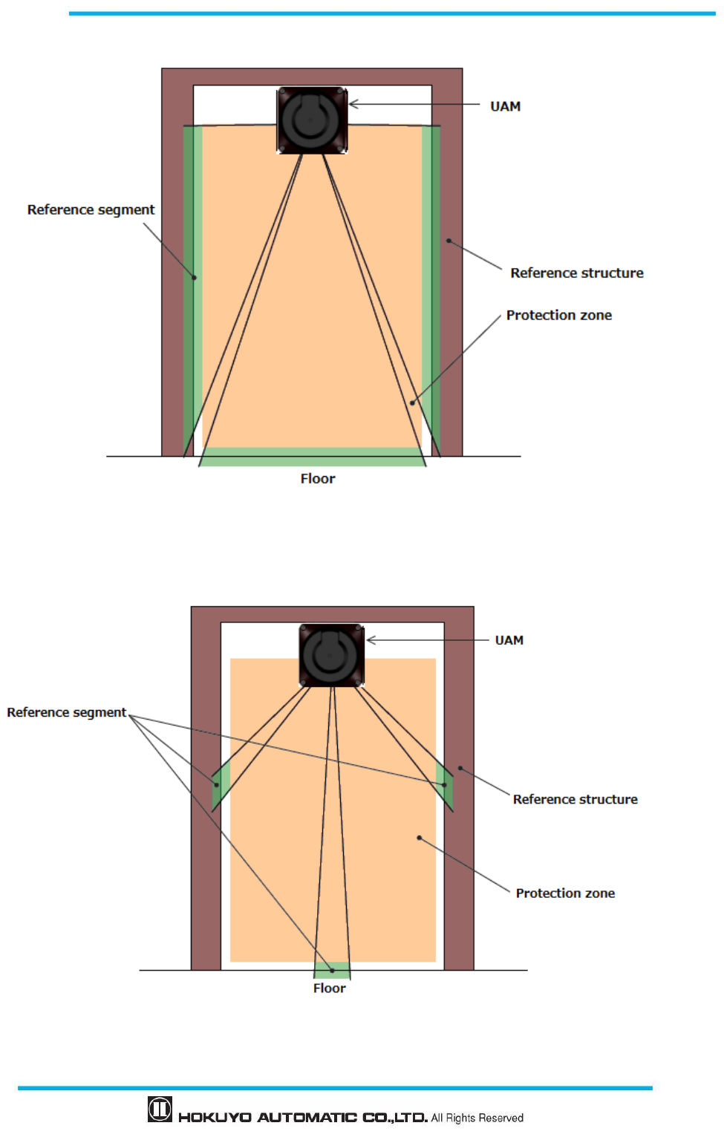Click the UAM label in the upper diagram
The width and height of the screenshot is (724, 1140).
click(505, 106)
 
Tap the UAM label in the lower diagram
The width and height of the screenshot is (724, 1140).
click(509, 640)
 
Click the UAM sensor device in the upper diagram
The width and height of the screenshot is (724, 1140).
click(312, 120)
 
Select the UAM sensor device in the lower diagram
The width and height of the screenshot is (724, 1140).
click(331, 655)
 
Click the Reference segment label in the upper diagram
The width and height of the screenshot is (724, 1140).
click(91, 209)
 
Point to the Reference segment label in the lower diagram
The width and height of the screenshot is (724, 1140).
click(66, 712)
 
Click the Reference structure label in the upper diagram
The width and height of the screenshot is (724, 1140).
click(576, 273)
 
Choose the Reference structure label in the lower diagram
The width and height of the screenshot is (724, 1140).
click(575, 799)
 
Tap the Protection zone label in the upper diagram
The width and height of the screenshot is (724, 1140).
click(558, 315)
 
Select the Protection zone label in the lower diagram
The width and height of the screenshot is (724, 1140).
click(565, 893)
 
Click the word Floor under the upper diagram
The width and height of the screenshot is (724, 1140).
click(317, 479)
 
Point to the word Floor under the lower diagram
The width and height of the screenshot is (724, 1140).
click(329, 988)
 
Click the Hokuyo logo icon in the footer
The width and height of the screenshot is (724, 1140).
click(160, 1109)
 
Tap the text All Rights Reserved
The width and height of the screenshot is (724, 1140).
click(477, 1118)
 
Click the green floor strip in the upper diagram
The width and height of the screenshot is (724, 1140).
click(312, 457)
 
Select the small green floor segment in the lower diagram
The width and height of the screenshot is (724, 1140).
click(332, 970)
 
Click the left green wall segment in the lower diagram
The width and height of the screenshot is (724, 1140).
click(221, 784)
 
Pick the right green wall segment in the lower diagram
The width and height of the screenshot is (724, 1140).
click(445, 784)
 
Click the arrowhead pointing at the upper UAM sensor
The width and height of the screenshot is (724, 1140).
click(353, 104)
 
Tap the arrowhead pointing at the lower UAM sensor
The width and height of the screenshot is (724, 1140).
click(371, 639)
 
